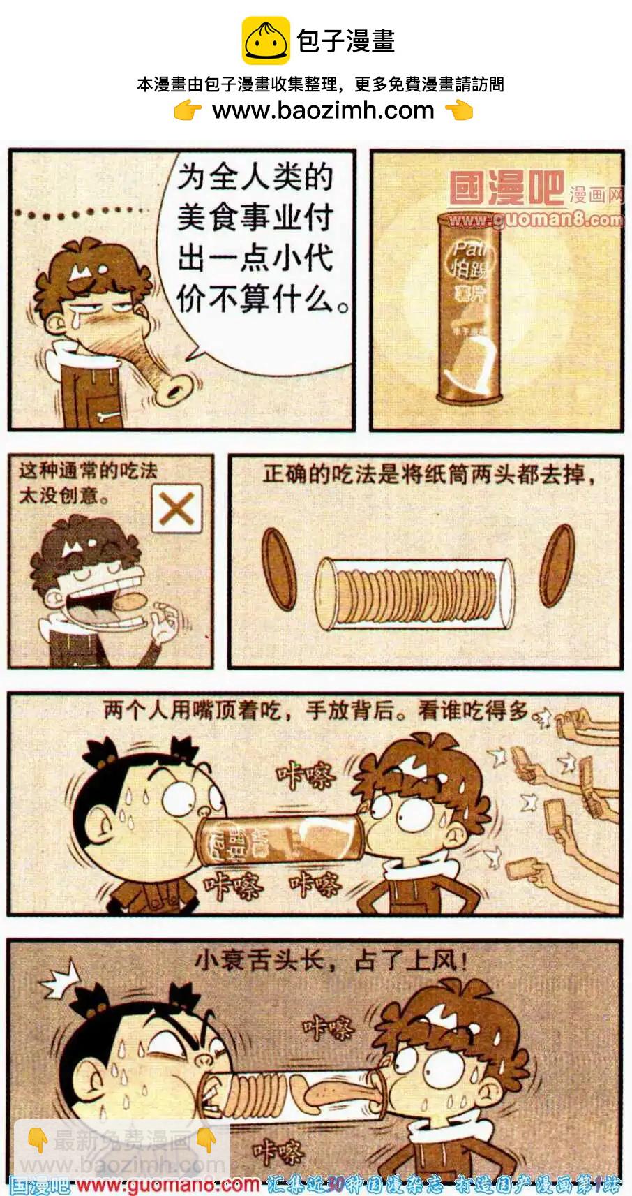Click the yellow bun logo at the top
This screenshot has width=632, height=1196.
pos(265,40)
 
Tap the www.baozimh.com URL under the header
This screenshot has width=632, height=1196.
pos(323,110)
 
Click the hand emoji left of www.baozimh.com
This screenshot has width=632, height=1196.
pos(187,110)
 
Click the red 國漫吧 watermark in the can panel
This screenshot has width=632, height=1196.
pos(506,188)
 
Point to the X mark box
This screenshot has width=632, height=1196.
pos(176,508)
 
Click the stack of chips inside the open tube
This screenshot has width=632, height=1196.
pos(415,594)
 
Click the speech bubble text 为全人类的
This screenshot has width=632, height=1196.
pos(255,177)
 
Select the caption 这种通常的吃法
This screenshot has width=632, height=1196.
pos(88,471)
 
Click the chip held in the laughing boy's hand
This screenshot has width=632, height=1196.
pos(130,602)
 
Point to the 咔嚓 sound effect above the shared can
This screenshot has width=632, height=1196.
pos(306,775)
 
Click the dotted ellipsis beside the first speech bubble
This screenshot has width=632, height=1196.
pos(81,212)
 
